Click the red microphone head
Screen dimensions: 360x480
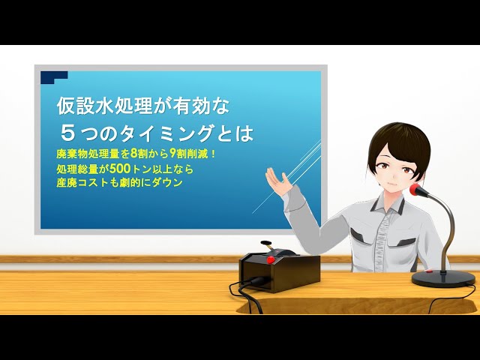pyautogui.click(x=418, y=190)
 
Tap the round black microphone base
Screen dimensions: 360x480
pyautogui.click(x=443, y=278)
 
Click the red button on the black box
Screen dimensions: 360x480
pyautogui.click(x=271, y=259)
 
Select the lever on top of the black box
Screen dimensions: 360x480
pyautogui.click(x=266, y=245)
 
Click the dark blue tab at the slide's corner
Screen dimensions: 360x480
pyautogui.click(x=54, y=76)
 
